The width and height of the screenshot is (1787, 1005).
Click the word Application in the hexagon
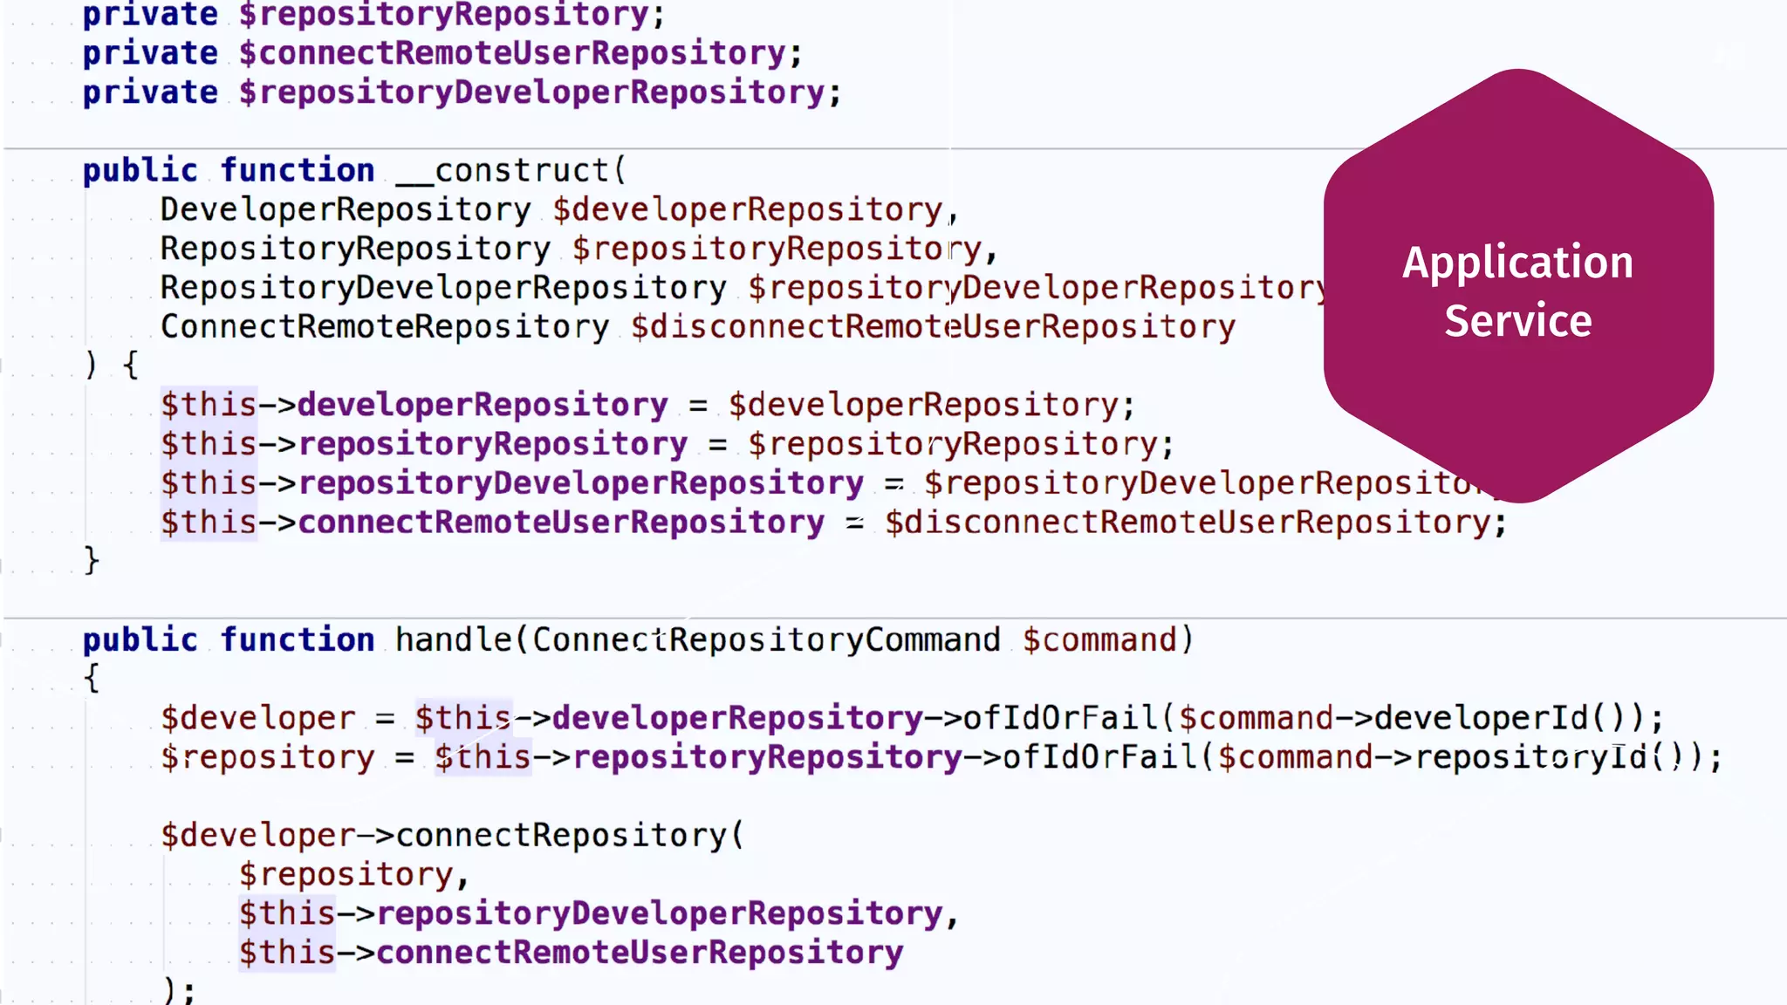tap(1517, 263)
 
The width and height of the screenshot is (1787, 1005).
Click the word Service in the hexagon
tap(1517, 321)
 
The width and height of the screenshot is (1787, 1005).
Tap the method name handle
tap(453, 639)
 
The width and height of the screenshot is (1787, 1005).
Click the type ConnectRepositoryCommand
tap(766, 639)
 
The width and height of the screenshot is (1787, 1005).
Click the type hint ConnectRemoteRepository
tap(385, 327)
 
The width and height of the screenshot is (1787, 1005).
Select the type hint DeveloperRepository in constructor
tap(346, 209)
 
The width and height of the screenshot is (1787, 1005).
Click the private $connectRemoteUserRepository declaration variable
tap(513, 53)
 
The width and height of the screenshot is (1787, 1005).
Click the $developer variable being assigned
tap(257, 718)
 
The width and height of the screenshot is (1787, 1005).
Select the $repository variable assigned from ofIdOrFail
tap(267, 757)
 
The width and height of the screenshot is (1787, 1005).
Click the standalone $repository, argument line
tap(346, 874)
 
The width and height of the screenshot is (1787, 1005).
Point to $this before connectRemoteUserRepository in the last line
tap(287, 953)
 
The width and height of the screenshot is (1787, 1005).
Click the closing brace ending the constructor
tap(92, 559)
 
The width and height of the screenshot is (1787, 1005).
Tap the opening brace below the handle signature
tap(92, 678)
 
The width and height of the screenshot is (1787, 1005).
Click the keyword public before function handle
tap(140, 639)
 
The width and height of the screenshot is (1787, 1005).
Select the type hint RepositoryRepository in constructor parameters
tap(355, 249)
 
